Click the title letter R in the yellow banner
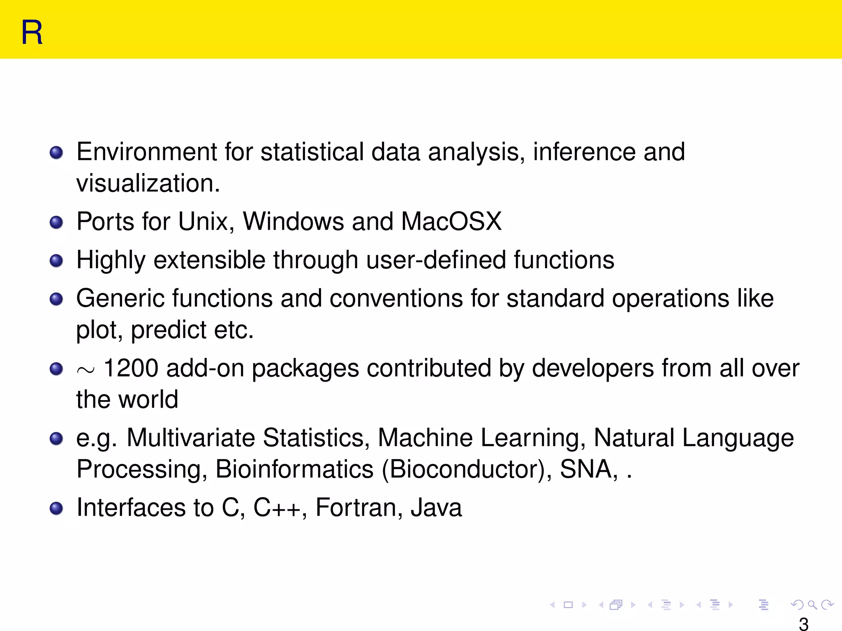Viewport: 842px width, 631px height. coord(32,32)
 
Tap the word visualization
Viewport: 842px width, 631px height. coord(148,183)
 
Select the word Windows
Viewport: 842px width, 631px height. coord(293,222)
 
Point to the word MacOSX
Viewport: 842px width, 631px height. coord(451,222)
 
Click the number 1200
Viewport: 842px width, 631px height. coord(131,368)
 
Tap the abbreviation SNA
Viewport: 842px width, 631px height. coord(588,469)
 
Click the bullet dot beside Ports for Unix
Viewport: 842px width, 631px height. coord(56,223)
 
